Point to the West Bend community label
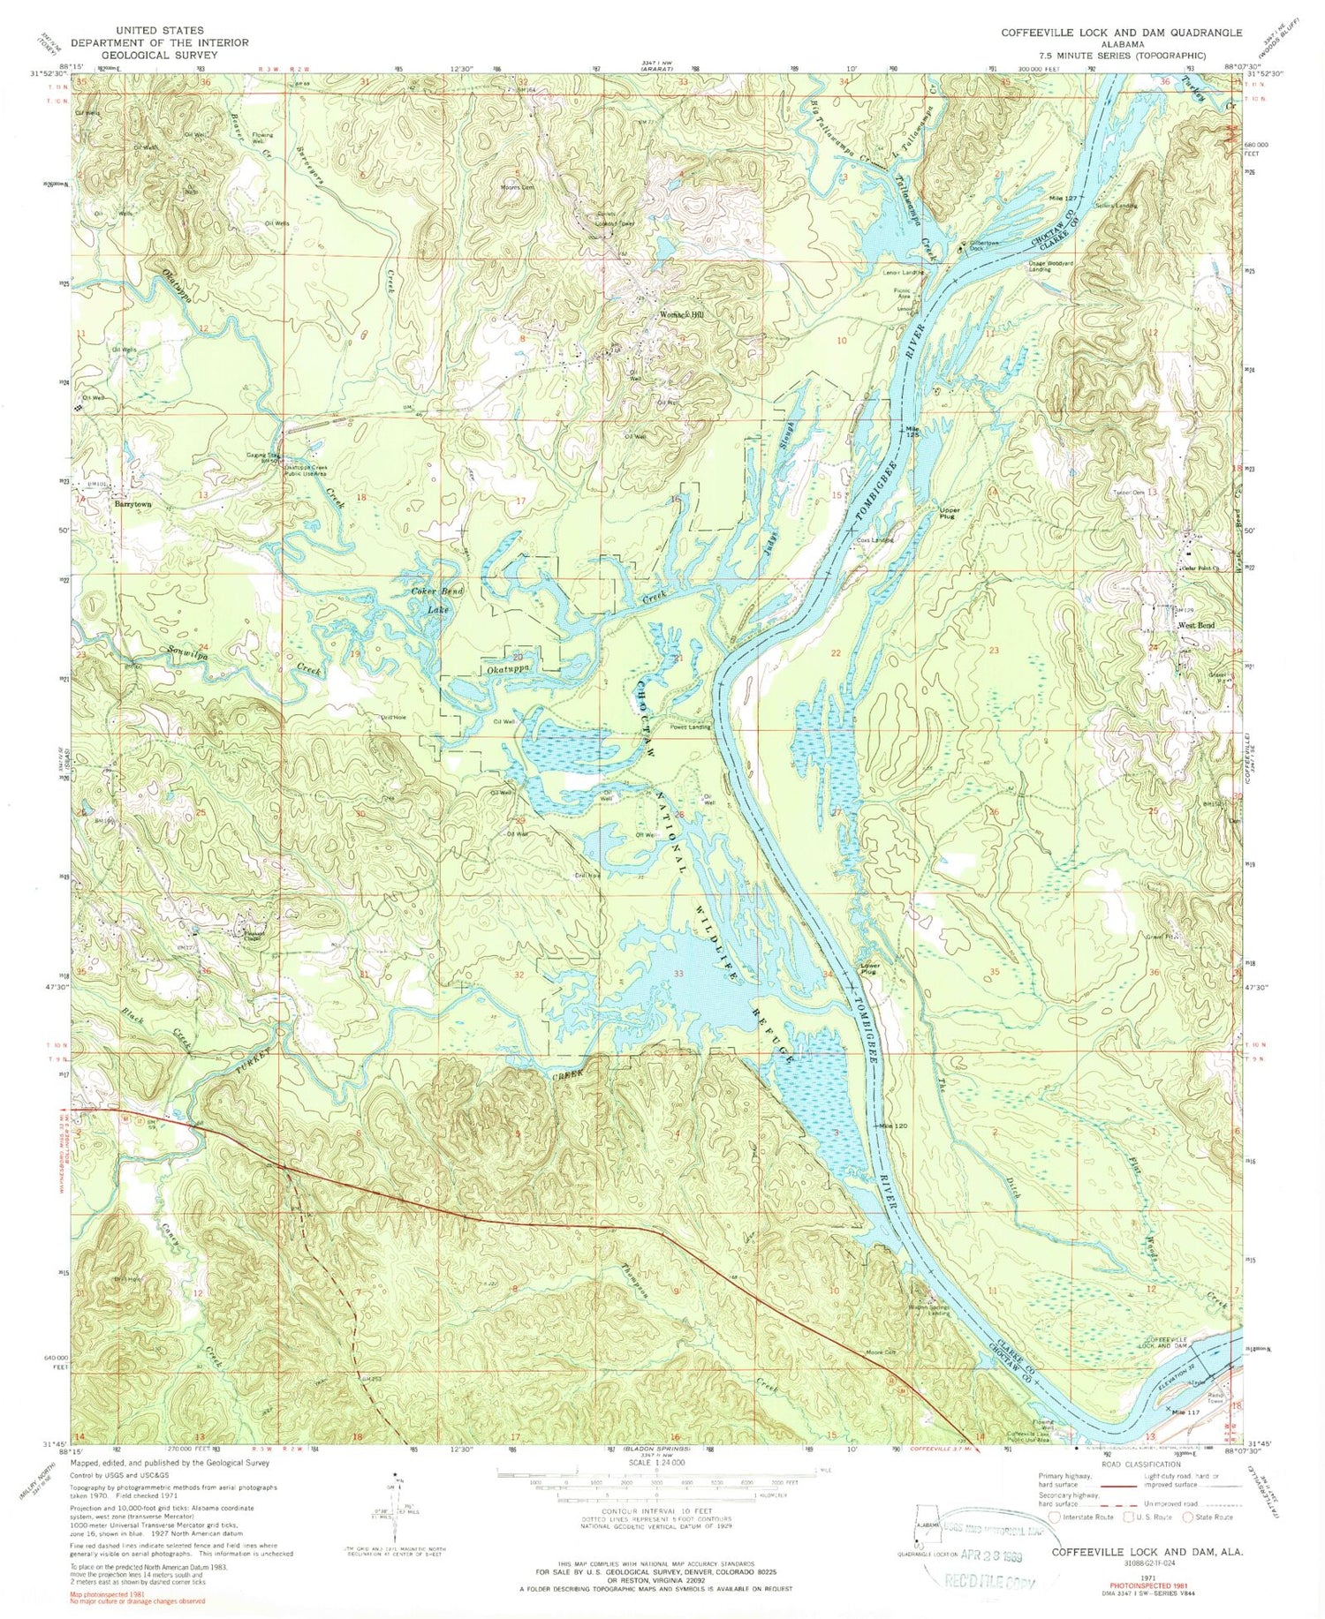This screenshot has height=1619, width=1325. click(1196, 626)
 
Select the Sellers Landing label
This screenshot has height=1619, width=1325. click(1117, 205)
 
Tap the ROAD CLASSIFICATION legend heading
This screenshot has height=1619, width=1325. click(1147, 1465)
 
